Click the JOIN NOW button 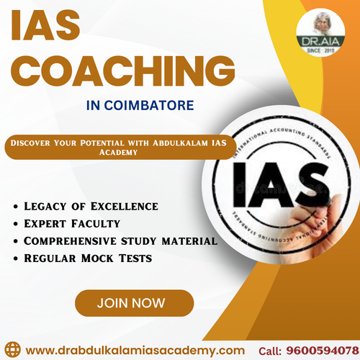[x=135, y=302]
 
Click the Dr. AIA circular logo [x=320, y=32]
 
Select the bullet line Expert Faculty [x=71, y=223]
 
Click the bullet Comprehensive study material [x=120, y=240]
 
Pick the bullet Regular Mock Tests [x=86, y=257]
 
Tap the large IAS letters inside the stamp [x=276, y=185]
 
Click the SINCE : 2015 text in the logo [x=320, y=53]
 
